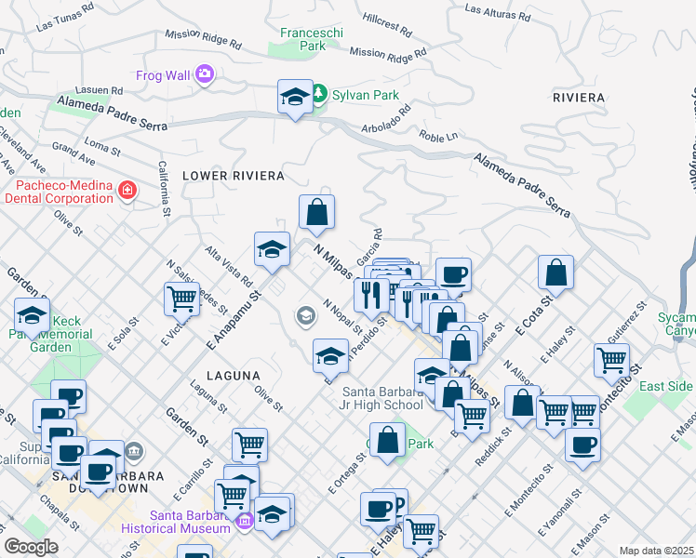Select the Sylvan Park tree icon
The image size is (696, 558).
pos(319,94)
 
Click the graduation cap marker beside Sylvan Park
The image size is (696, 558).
pos(295,97)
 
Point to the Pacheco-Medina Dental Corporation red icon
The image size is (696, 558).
pos(127,192)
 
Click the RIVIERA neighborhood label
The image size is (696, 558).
pos(578,97)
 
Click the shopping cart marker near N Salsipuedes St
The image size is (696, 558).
pos(181,299)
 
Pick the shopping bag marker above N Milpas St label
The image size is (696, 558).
pos(316,211)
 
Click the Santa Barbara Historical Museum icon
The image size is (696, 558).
pos(245,522)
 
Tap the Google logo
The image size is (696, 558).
pos(31,547)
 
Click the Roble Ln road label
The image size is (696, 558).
pos(439,136)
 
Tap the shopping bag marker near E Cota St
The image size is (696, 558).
pos(555,272)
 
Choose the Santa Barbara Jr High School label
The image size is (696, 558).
pos(382,397)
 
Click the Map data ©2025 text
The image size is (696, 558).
pos(657,551)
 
